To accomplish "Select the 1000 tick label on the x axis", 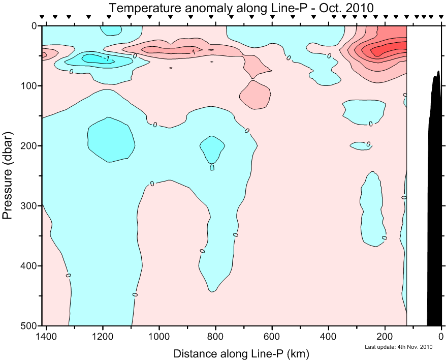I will pos(160,336).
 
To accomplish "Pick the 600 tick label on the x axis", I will pos(272,336).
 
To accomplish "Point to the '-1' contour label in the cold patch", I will pos(106,58).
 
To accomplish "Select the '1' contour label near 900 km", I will pos(194,51).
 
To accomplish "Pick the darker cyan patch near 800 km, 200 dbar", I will pos(212,148).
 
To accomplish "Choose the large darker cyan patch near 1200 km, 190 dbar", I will pos(111,139).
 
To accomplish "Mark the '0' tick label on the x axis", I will pos(441,336).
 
